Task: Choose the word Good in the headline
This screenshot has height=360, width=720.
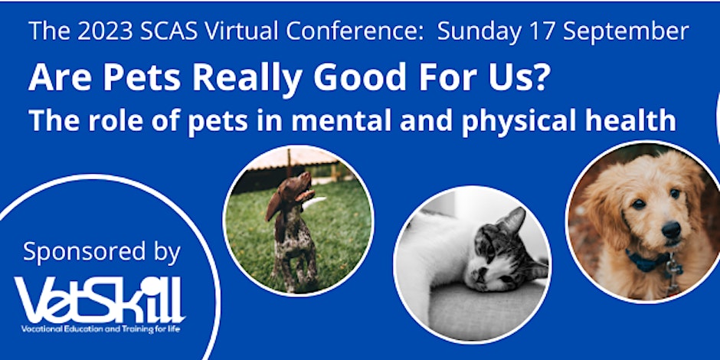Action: [360, 78]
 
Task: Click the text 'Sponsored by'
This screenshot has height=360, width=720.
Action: [102, 251]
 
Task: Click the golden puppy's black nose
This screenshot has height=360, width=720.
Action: [671, 229]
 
